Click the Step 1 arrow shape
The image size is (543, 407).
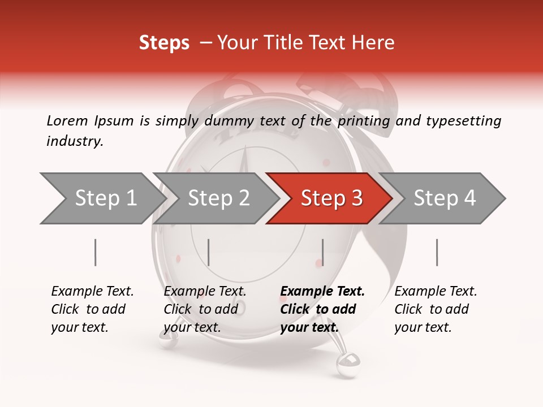[x=102, y=198]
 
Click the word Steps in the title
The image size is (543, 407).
[x=164, y=42]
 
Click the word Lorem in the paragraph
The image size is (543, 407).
[x=67, y=120]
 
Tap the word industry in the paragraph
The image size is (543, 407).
[x=74, y=141]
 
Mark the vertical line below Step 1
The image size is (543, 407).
[x=95, y=252]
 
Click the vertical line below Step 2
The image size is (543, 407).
[x=209, y=252]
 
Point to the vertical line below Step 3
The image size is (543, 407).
[x=322, y=252]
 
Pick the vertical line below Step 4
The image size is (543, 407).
[x=437, y=252]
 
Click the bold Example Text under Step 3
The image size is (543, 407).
[x=322, y=292]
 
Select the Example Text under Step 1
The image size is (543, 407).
[x=92, y=292]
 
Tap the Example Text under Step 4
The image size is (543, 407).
[x=436, y=292]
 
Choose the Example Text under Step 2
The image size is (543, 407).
[x=205, y=292]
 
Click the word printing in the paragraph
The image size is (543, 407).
[x=364, y=120]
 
